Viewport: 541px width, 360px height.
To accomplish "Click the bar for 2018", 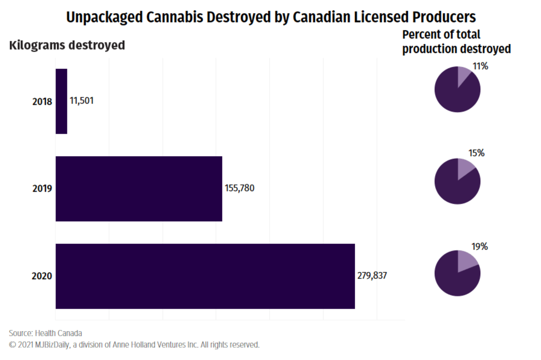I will click(x=61, y=101).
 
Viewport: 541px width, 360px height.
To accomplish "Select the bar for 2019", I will click(x=138, y=188).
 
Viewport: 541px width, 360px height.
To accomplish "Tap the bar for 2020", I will click(x=205, y=276).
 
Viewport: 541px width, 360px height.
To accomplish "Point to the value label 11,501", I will click(x=82, y=101).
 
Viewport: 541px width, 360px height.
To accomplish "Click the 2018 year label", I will click(x=42, y=101).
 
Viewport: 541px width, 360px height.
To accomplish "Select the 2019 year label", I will click(x=42, y=188).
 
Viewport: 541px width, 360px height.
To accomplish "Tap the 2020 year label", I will click(x=42, y=276).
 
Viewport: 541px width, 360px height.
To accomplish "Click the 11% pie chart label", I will click(x=480, y=66).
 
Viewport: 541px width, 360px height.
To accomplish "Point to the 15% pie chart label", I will click(x=476, y=153).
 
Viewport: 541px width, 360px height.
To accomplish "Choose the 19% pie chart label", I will click(x=479, y=247).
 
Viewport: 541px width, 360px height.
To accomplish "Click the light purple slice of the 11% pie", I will click(x=463, y=76).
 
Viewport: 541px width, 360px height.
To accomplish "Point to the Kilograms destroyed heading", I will click(x=67, y=45).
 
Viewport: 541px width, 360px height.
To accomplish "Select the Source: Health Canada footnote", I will click(x=45, y=333).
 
